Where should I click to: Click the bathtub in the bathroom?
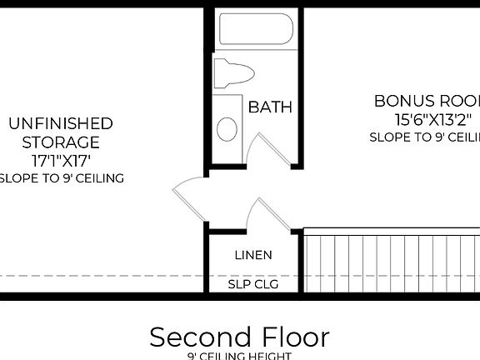tap(255, 29)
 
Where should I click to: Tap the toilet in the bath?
tap(232, 72)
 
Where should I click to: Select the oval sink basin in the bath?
tap(227, 128)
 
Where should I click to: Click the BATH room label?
tap(270, 107)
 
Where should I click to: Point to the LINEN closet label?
tap(252, 254)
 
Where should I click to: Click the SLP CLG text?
tap(252, 284)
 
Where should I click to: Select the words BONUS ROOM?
tap(426, 101)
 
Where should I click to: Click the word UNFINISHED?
tap(60, 123)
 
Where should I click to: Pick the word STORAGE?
tap(60, 142)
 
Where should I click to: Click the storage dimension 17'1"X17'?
tap(60, 159)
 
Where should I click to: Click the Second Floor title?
tap(239, 337)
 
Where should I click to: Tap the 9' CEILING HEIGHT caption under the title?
tap(239, 356)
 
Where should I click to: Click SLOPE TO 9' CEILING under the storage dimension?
tap(60, 177)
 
